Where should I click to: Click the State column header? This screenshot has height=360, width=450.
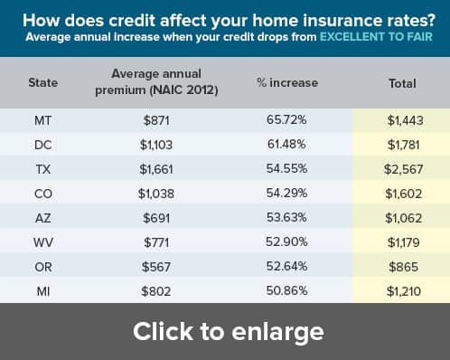click(43, 82)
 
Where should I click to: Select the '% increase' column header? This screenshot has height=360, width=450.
click(287, 82)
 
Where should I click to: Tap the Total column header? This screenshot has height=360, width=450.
click(402, 83)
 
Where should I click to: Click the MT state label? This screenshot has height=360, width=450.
click(42, 120)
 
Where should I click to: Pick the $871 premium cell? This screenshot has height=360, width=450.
click(156, 120)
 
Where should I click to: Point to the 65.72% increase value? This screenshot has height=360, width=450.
click(286, 119)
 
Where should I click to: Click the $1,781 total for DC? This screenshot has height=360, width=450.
click(403, 145)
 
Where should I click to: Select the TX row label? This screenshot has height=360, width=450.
click(43, 169)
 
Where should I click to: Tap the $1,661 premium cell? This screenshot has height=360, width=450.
click(156, 169)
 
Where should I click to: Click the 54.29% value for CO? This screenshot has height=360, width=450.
click(286, 193)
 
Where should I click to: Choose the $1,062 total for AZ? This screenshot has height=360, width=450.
click(403, 218)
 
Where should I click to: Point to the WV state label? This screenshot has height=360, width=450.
click(43, 242)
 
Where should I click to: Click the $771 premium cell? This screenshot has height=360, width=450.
click(156, 242)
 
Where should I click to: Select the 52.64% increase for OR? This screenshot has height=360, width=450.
click(286, 266)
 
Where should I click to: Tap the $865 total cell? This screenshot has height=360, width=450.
click(403, 267)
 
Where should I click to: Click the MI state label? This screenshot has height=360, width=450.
click(43, 291)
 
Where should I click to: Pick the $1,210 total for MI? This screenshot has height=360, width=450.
click(403, 291)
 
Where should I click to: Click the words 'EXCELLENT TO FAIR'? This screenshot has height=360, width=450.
click(376, 37)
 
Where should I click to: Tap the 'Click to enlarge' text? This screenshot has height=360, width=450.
click(229, 332)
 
